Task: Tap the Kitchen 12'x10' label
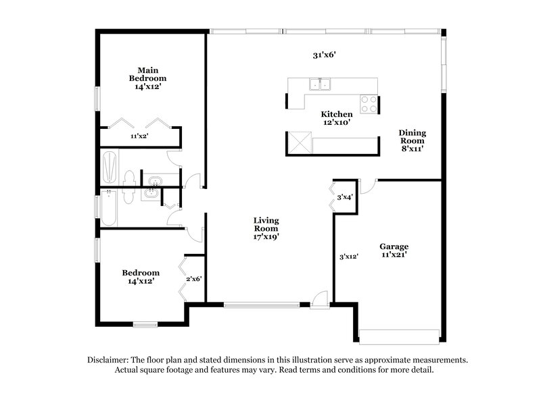click(337, 118)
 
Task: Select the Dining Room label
click(412, 141)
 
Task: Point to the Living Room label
click(266, 229)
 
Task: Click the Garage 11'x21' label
click(394, 251)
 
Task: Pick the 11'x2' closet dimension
click(139, 136)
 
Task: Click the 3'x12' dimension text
click(348, 257)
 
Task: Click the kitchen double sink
click(319, 84)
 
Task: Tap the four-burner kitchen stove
click(369, 103)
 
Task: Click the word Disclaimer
click(110, 360)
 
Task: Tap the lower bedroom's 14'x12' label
click(141, 277)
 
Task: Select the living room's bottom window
click(260, 305)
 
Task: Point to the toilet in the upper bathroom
click(130, 177)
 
